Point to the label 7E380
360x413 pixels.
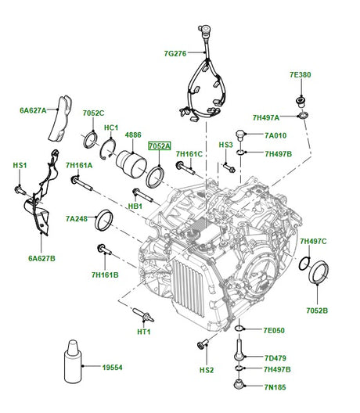click(301, 75)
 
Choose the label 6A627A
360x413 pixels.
click(34, 110)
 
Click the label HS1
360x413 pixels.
click(20, 166)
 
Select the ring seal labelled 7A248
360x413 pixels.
click(103, 221)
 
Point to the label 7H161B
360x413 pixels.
click(105, 275)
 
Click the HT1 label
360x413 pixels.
click(143, 332)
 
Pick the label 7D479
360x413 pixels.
click(274, 358)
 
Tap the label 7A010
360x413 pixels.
click(276, 135)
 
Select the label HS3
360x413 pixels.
click(225, 145)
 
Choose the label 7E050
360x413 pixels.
click(274, 330)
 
